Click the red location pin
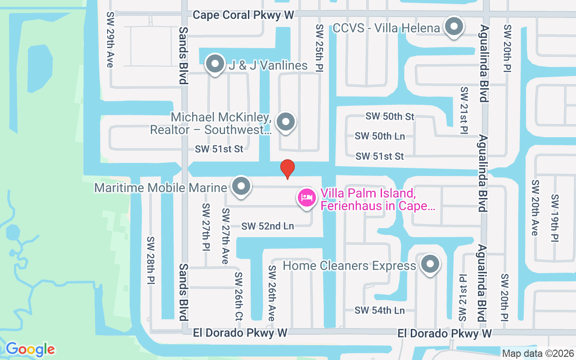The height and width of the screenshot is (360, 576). pyautogui.click(x=288, y=169)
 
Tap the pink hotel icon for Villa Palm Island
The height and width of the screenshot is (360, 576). pyautogui.click(x=307, y=198)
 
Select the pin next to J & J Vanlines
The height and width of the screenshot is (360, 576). pyautogui.click(x=215, y=65)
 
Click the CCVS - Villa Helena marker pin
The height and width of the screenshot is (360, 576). pyautogui.click(x=454, y=27)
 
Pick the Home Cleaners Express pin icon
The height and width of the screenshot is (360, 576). pyautogui.click(x=430, y=265)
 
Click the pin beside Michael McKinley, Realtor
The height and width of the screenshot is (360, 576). pyautogui.click(x=285, y=122)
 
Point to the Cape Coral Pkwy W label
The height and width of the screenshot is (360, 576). pyautogui.click(x=243, y=15)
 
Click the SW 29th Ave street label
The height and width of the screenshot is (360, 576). pyautogui.click(x=110, y=40)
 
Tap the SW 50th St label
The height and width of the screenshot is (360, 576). pyautogui.click(x=390, y=117)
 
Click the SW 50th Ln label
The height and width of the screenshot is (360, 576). pyautogui.click(x=380, y=136)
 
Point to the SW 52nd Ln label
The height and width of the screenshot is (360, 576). pyautogui.click(x=268, y=226)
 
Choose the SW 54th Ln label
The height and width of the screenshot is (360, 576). pyautogui.click(x=379, y=310)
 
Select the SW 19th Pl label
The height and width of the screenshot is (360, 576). pyautogui.click(x=555, y=217)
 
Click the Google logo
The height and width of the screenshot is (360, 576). pyautogui.click(x=30, y=349)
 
